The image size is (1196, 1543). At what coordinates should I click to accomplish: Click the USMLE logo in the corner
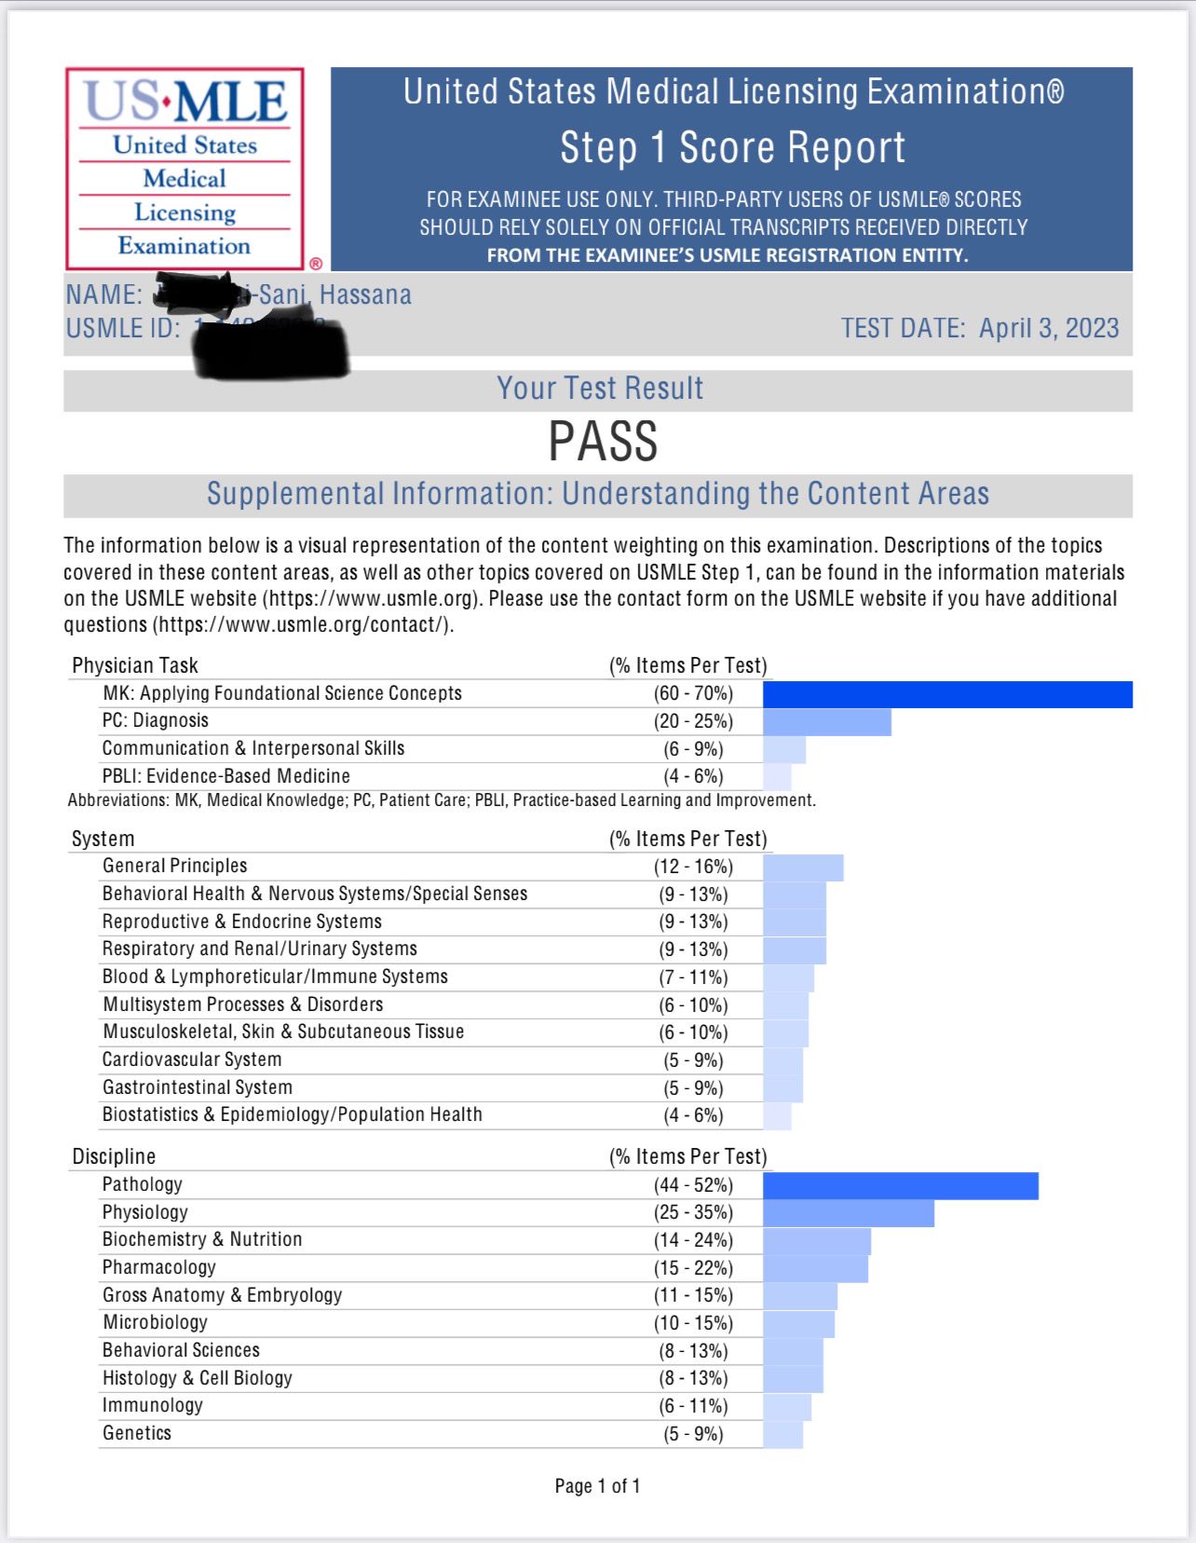[184, 169]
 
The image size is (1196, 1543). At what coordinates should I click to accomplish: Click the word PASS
[603, 442]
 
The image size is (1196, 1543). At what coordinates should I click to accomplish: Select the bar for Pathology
[900, 1185]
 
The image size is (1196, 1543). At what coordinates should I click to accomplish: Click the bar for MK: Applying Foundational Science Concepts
[947, 694]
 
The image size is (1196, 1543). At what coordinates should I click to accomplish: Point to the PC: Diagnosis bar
[826, 721]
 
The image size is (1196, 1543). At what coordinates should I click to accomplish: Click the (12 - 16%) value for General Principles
[693, 867]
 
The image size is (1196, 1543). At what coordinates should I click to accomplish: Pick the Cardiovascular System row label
[192, 1059]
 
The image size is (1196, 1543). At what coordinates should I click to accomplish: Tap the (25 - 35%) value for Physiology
[693, 1212]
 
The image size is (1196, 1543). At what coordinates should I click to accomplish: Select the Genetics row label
[137, 1433]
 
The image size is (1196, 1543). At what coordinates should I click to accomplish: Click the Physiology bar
[848, 1213]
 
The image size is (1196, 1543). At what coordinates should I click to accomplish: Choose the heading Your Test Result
[600, 389]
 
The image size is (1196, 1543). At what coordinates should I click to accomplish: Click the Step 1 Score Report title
[732, 147]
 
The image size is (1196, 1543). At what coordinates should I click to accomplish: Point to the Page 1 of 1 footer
[597, 1486]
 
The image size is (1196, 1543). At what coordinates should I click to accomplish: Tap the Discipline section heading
[114, 1156]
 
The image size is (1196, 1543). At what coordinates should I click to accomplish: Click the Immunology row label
[152, 1405]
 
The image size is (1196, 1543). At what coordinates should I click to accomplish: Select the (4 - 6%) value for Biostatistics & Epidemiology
[693, 1115]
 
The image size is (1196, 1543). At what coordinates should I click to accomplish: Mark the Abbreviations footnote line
[442, 800]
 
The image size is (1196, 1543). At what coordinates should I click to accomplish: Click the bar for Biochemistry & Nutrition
[816, 1240]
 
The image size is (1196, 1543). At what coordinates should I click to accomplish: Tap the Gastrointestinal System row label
[197, 1087]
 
